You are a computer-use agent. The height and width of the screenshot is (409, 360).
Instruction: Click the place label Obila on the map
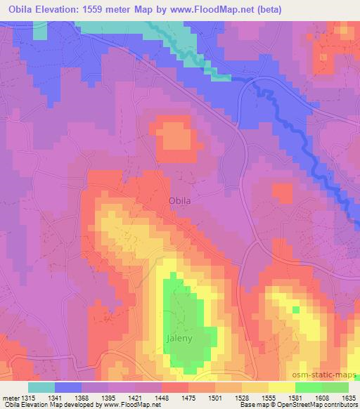coord(180,201)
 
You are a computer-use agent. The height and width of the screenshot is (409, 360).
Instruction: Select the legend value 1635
coord(349,397)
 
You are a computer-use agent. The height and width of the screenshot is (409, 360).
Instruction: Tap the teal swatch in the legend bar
coord(41,387)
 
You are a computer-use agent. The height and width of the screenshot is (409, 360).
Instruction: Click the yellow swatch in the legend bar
coord(282,387)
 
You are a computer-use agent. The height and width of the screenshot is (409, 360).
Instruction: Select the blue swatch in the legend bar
coord(68,387)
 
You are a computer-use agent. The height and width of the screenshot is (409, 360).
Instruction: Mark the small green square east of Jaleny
coord(295,309)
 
